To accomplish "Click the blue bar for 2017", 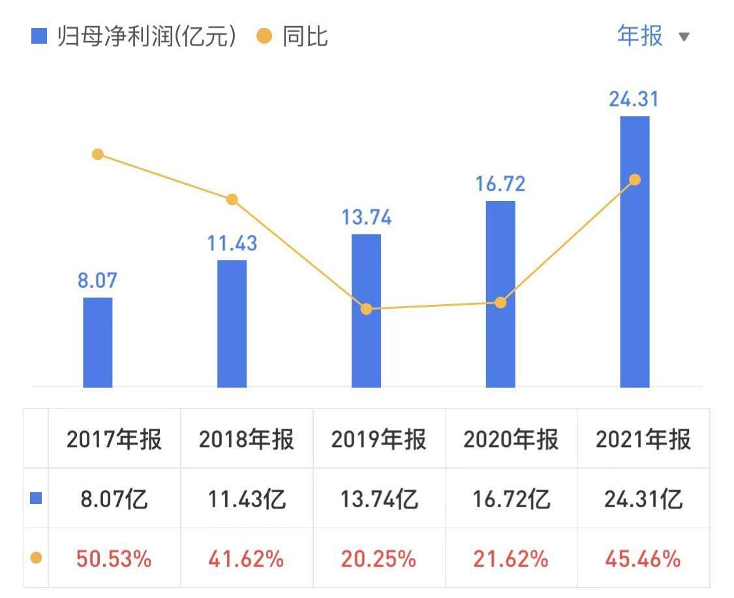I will click(98, 342).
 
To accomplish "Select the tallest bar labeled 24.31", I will click(634, 251).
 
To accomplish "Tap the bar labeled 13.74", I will click(366, 311).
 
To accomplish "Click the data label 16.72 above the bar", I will click(500, 183).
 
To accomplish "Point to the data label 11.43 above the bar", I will click(232, 243).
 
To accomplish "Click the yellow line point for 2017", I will click(98, 154).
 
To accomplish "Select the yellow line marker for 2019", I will click(366, 309).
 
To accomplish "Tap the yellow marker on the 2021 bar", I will click(634, 180).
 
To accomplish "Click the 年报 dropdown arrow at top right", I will click(684, 37).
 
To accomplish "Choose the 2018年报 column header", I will click(247, 439).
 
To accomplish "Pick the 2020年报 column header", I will click(511, 439).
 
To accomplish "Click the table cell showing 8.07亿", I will click(114, 499).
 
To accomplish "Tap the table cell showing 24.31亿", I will click(643, 499).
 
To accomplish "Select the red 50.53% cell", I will click(114, 559).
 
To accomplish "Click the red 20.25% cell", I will click(378, 559).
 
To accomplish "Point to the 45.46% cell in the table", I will click(643, 559).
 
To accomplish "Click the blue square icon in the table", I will click(37, 499).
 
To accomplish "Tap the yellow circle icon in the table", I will click(37, 558).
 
